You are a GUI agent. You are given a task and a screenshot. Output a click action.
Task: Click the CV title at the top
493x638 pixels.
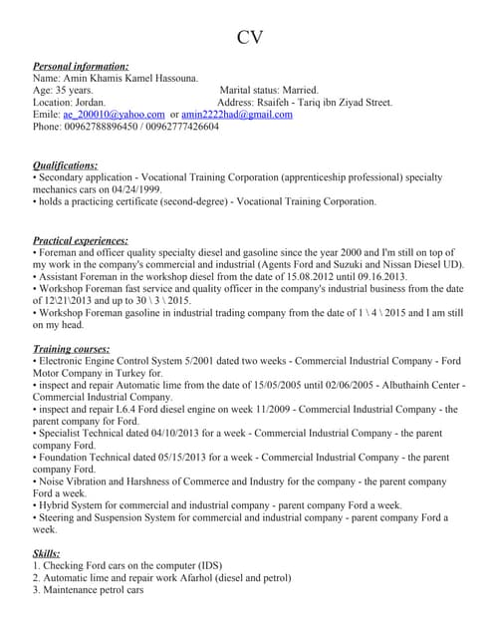(x=250, y=38)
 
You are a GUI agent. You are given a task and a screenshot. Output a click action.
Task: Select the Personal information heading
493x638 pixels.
(x=81, y=65)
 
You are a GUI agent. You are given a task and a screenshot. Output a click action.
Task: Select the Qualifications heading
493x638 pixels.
(x=66, y=164)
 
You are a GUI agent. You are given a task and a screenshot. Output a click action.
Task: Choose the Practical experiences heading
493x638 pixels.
(x=81, y=240)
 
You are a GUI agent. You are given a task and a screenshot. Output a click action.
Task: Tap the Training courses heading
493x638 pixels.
(x=72, y=349)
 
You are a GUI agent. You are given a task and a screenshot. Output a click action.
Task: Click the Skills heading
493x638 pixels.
(x=47, y=552)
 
